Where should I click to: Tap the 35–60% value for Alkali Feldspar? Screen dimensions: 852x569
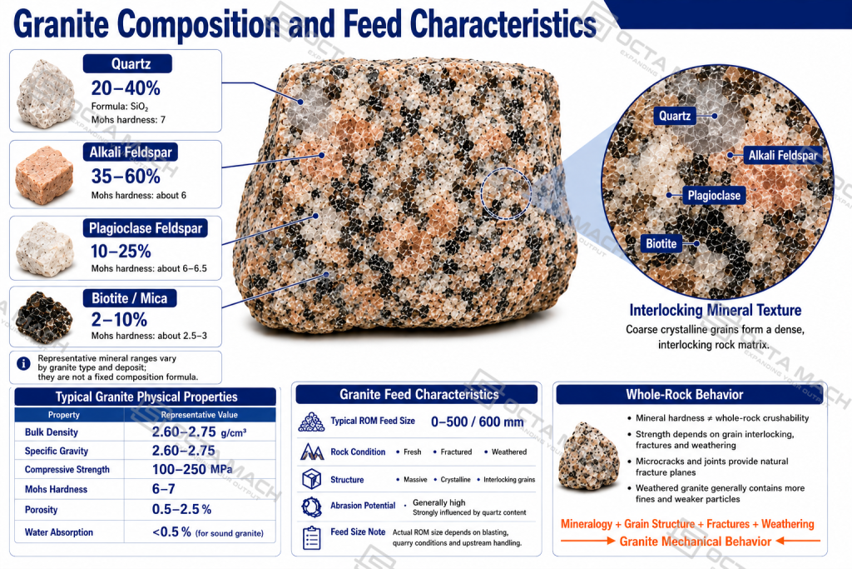coord(126,177)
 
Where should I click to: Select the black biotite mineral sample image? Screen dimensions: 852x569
coord(44,316)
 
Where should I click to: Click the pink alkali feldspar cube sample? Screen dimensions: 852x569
coord(44,175)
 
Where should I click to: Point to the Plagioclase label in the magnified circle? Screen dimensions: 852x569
coord(714,195)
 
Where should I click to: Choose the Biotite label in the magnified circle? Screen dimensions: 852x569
coord(661,244)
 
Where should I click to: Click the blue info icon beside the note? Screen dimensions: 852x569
coord(23,363)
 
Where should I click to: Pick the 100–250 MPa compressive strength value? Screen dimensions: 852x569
coord(192,470)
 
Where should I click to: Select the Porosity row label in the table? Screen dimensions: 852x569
coord(42,510)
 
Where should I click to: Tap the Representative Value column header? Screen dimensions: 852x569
coord(200,415)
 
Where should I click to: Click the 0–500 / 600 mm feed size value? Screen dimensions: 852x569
coord(477,422)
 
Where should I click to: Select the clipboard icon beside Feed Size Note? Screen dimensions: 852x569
coord(311,537)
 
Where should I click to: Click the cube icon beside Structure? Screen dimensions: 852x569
coord(311,479)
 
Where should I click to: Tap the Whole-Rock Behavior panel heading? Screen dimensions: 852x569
coord(684,394)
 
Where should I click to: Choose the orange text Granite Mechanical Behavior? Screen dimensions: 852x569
coord(695,542)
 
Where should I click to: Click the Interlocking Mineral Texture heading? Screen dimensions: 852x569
coord(715,310)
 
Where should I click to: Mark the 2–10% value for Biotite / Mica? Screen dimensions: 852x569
coord(119,319)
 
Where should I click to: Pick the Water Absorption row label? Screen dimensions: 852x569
coord(59,532)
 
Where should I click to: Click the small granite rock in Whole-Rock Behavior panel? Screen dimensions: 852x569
coord(589,456)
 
